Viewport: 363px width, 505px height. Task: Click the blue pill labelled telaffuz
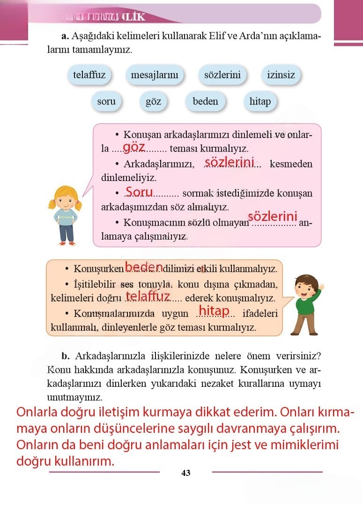tap(89, 75)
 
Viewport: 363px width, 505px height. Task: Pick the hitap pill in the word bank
tap(260, 101)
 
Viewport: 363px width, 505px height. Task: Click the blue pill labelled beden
tap(205, 101)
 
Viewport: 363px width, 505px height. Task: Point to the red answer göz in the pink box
tap(134, 147)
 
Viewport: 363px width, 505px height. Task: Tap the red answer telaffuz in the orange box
tap(148, 296)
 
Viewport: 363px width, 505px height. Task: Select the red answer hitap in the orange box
tap(214, 310)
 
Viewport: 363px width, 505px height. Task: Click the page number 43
tap(185, 473)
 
